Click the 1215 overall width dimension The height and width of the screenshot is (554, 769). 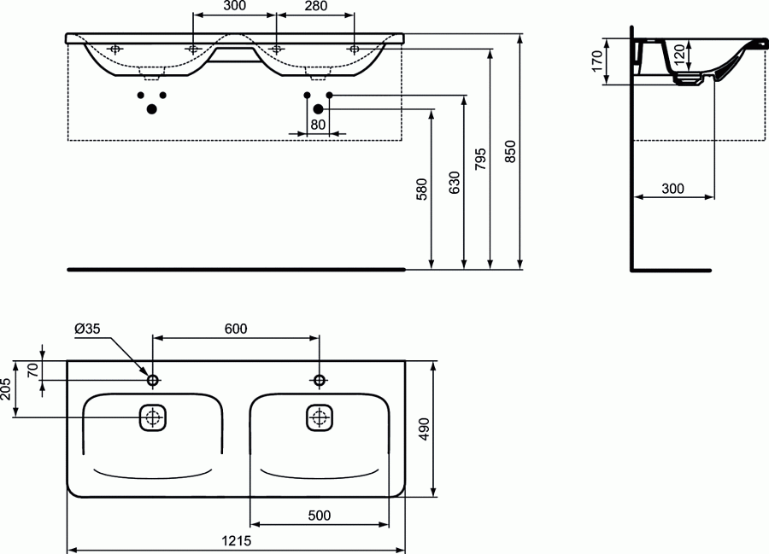pyautogui.click(x=236, y=541)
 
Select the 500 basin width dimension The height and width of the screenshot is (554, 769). pyautogui.click(x=320, y=516)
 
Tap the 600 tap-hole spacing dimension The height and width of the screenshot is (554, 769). pyautogui.click(x=236, y=329)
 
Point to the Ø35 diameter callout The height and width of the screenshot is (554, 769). pyautogui.click(x=87, y=329)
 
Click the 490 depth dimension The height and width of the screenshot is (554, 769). pyautogui.click(x=424, y=429)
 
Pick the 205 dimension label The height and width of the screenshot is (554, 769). pyautogui.click(x=6, y=389)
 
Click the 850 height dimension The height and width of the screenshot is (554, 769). pyautogui.click(x=510, y=152)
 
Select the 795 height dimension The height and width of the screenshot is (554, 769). pyautogui.click(x=480, y=159)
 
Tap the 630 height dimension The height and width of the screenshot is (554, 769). pyautogui.click(x=455, y=182)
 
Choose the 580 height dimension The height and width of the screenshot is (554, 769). pyautogui.click(x=422, y=190)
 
